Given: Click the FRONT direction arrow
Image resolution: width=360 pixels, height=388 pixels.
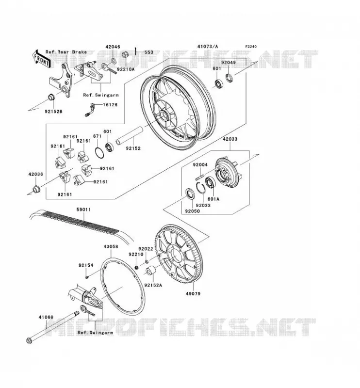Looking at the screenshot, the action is pyautogui.click(x=41, y=59).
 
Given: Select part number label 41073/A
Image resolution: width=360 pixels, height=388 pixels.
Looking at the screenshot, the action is pyautogui.click(x=208, y=46).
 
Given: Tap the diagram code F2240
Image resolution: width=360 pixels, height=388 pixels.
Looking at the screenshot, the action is pyautogui.click(x=251, y=47).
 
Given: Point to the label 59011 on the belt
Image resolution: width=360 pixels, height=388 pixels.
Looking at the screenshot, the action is pyautogui.click(x=83, y=210).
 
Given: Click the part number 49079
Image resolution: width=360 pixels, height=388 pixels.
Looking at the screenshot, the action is pyautogui.click(x=193, y=294).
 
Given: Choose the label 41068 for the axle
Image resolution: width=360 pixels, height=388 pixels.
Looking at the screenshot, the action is pyautogui.click(x=46, y=317).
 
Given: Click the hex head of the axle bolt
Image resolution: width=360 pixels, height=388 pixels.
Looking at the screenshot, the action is pyautogui.click(x=29, y=340).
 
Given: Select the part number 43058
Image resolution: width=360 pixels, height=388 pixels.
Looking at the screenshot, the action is pyautogui.click(x=111, y=246).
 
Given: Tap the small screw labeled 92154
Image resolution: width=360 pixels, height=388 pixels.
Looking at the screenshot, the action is pyautogui.click(x=87, y=277).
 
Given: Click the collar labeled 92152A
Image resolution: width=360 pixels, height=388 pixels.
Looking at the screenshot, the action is pyautogui.click(x=150, y=271).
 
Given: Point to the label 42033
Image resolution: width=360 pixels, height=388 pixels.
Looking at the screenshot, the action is pyautogui.click(x=230, y=139).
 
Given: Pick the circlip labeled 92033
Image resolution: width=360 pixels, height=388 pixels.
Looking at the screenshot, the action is pyautogui.click(x=201, y=188).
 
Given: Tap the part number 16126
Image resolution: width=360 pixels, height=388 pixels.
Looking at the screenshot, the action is pyautogui.click(x=110, y=105).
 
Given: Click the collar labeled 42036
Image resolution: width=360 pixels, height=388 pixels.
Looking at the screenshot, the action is pyautogui.click(x=36, y=189).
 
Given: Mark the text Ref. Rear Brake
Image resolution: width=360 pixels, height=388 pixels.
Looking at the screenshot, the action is pyautogui.click(x=66, y=52).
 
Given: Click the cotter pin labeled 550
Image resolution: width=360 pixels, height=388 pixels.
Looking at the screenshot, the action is pyautogui.click(x=136, y=51).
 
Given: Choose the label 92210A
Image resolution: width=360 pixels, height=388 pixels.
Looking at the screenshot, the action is pyautogui.click(x=126, y=69).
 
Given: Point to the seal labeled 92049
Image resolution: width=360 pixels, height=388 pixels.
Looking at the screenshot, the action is pyautogui.click(x=229, y=78).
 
